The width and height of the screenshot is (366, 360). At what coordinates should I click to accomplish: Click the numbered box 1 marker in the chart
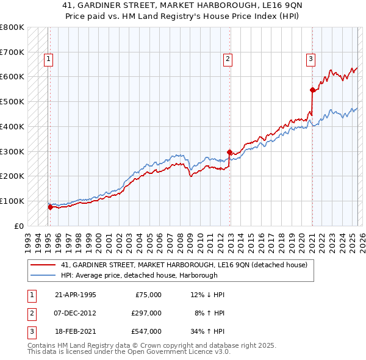click(x=48, y=59)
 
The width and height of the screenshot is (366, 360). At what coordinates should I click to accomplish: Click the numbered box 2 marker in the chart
click(x=227, y=59)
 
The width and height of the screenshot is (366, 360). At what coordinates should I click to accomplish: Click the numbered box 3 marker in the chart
click(x=310, y=59)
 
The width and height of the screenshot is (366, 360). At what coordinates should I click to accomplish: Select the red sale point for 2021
click(x=312, y=90)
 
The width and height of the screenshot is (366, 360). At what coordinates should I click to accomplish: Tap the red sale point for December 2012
click(x=229, y=152)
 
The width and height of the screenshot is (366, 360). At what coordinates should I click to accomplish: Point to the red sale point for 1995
click(x=50, y=207)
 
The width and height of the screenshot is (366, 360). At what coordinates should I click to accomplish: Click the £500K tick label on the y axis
click(x=12, y=101)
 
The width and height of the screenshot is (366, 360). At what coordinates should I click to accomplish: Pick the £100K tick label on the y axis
click(x=12, y=201)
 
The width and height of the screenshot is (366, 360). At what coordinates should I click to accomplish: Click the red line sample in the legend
click(x=43, y=265)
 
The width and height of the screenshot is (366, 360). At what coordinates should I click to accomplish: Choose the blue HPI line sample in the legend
click(x=43, y=275)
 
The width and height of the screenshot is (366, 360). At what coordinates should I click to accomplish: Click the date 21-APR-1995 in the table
click(x=75, y=295)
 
